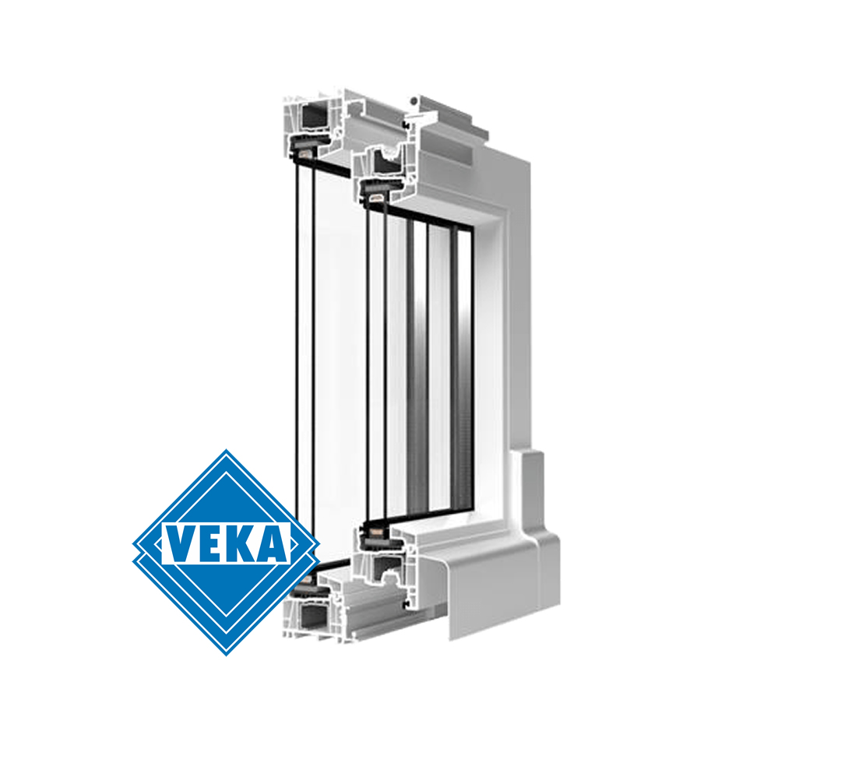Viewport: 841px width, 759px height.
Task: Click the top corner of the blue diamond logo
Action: (227, 450)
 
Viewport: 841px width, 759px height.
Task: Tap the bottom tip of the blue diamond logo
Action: (227, 655)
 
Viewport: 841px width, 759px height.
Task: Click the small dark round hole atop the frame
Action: (413, 100)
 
